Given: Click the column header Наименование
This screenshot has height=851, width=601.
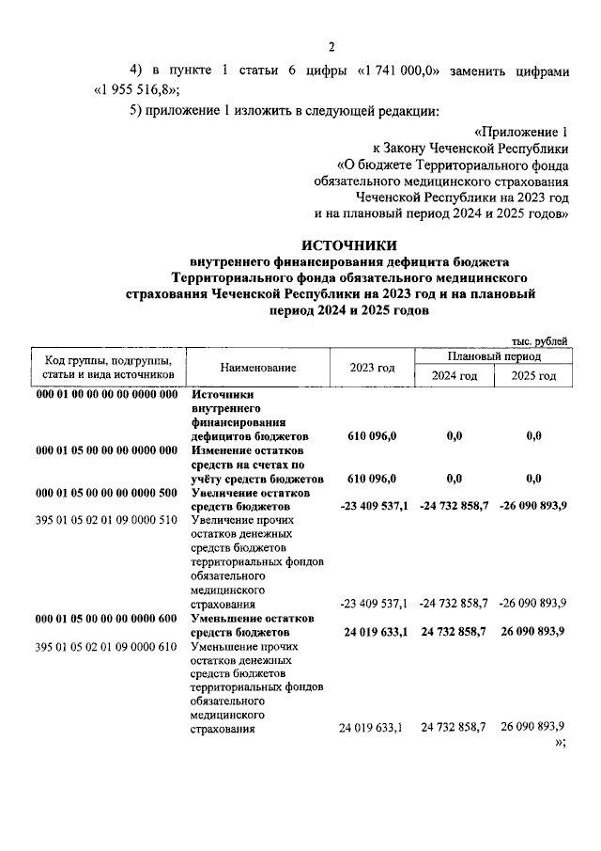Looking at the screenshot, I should point(258,368).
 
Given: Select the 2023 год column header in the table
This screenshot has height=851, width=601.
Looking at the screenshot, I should point(372,368).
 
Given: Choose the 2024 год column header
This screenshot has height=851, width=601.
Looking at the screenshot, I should point(455,376).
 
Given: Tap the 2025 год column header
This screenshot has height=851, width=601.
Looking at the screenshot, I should point(533,376).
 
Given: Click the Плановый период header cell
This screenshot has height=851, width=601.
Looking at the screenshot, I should point(494,357).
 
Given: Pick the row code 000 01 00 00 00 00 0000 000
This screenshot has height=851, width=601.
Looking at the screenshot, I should point(106,396).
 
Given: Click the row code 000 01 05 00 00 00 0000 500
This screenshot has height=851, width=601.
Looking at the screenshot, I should point(106,493).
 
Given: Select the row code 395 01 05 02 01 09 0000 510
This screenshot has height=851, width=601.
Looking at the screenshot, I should point(106,520).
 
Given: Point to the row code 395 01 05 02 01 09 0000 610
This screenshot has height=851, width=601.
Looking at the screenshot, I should point(106,648).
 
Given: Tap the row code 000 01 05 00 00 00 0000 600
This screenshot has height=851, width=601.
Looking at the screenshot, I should point(106,619).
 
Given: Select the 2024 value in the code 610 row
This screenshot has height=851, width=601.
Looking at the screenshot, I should point(455,728).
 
